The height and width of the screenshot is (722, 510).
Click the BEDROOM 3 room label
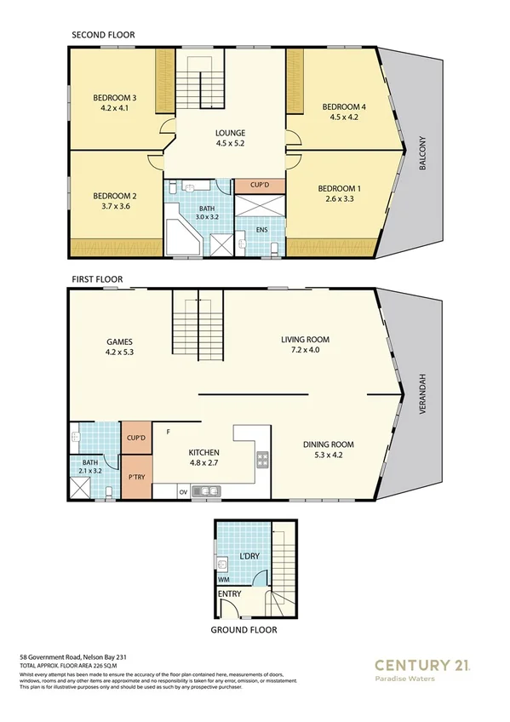click(115, 98)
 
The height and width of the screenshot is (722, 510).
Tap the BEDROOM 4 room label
click(344, 106)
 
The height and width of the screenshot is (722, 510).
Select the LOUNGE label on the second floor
click(230, 133)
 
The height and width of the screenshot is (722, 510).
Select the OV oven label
click(182, 491)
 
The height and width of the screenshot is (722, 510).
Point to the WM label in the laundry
click(223, 578)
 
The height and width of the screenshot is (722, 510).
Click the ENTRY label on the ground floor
click(230, 593)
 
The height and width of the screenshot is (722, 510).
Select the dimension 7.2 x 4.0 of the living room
click(305, 351)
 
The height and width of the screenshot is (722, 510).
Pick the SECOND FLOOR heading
click(103, 35)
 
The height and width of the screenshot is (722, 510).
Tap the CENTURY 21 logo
click(422, 665)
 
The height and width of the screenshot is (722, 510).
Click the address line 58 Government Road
click(72, 658)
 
